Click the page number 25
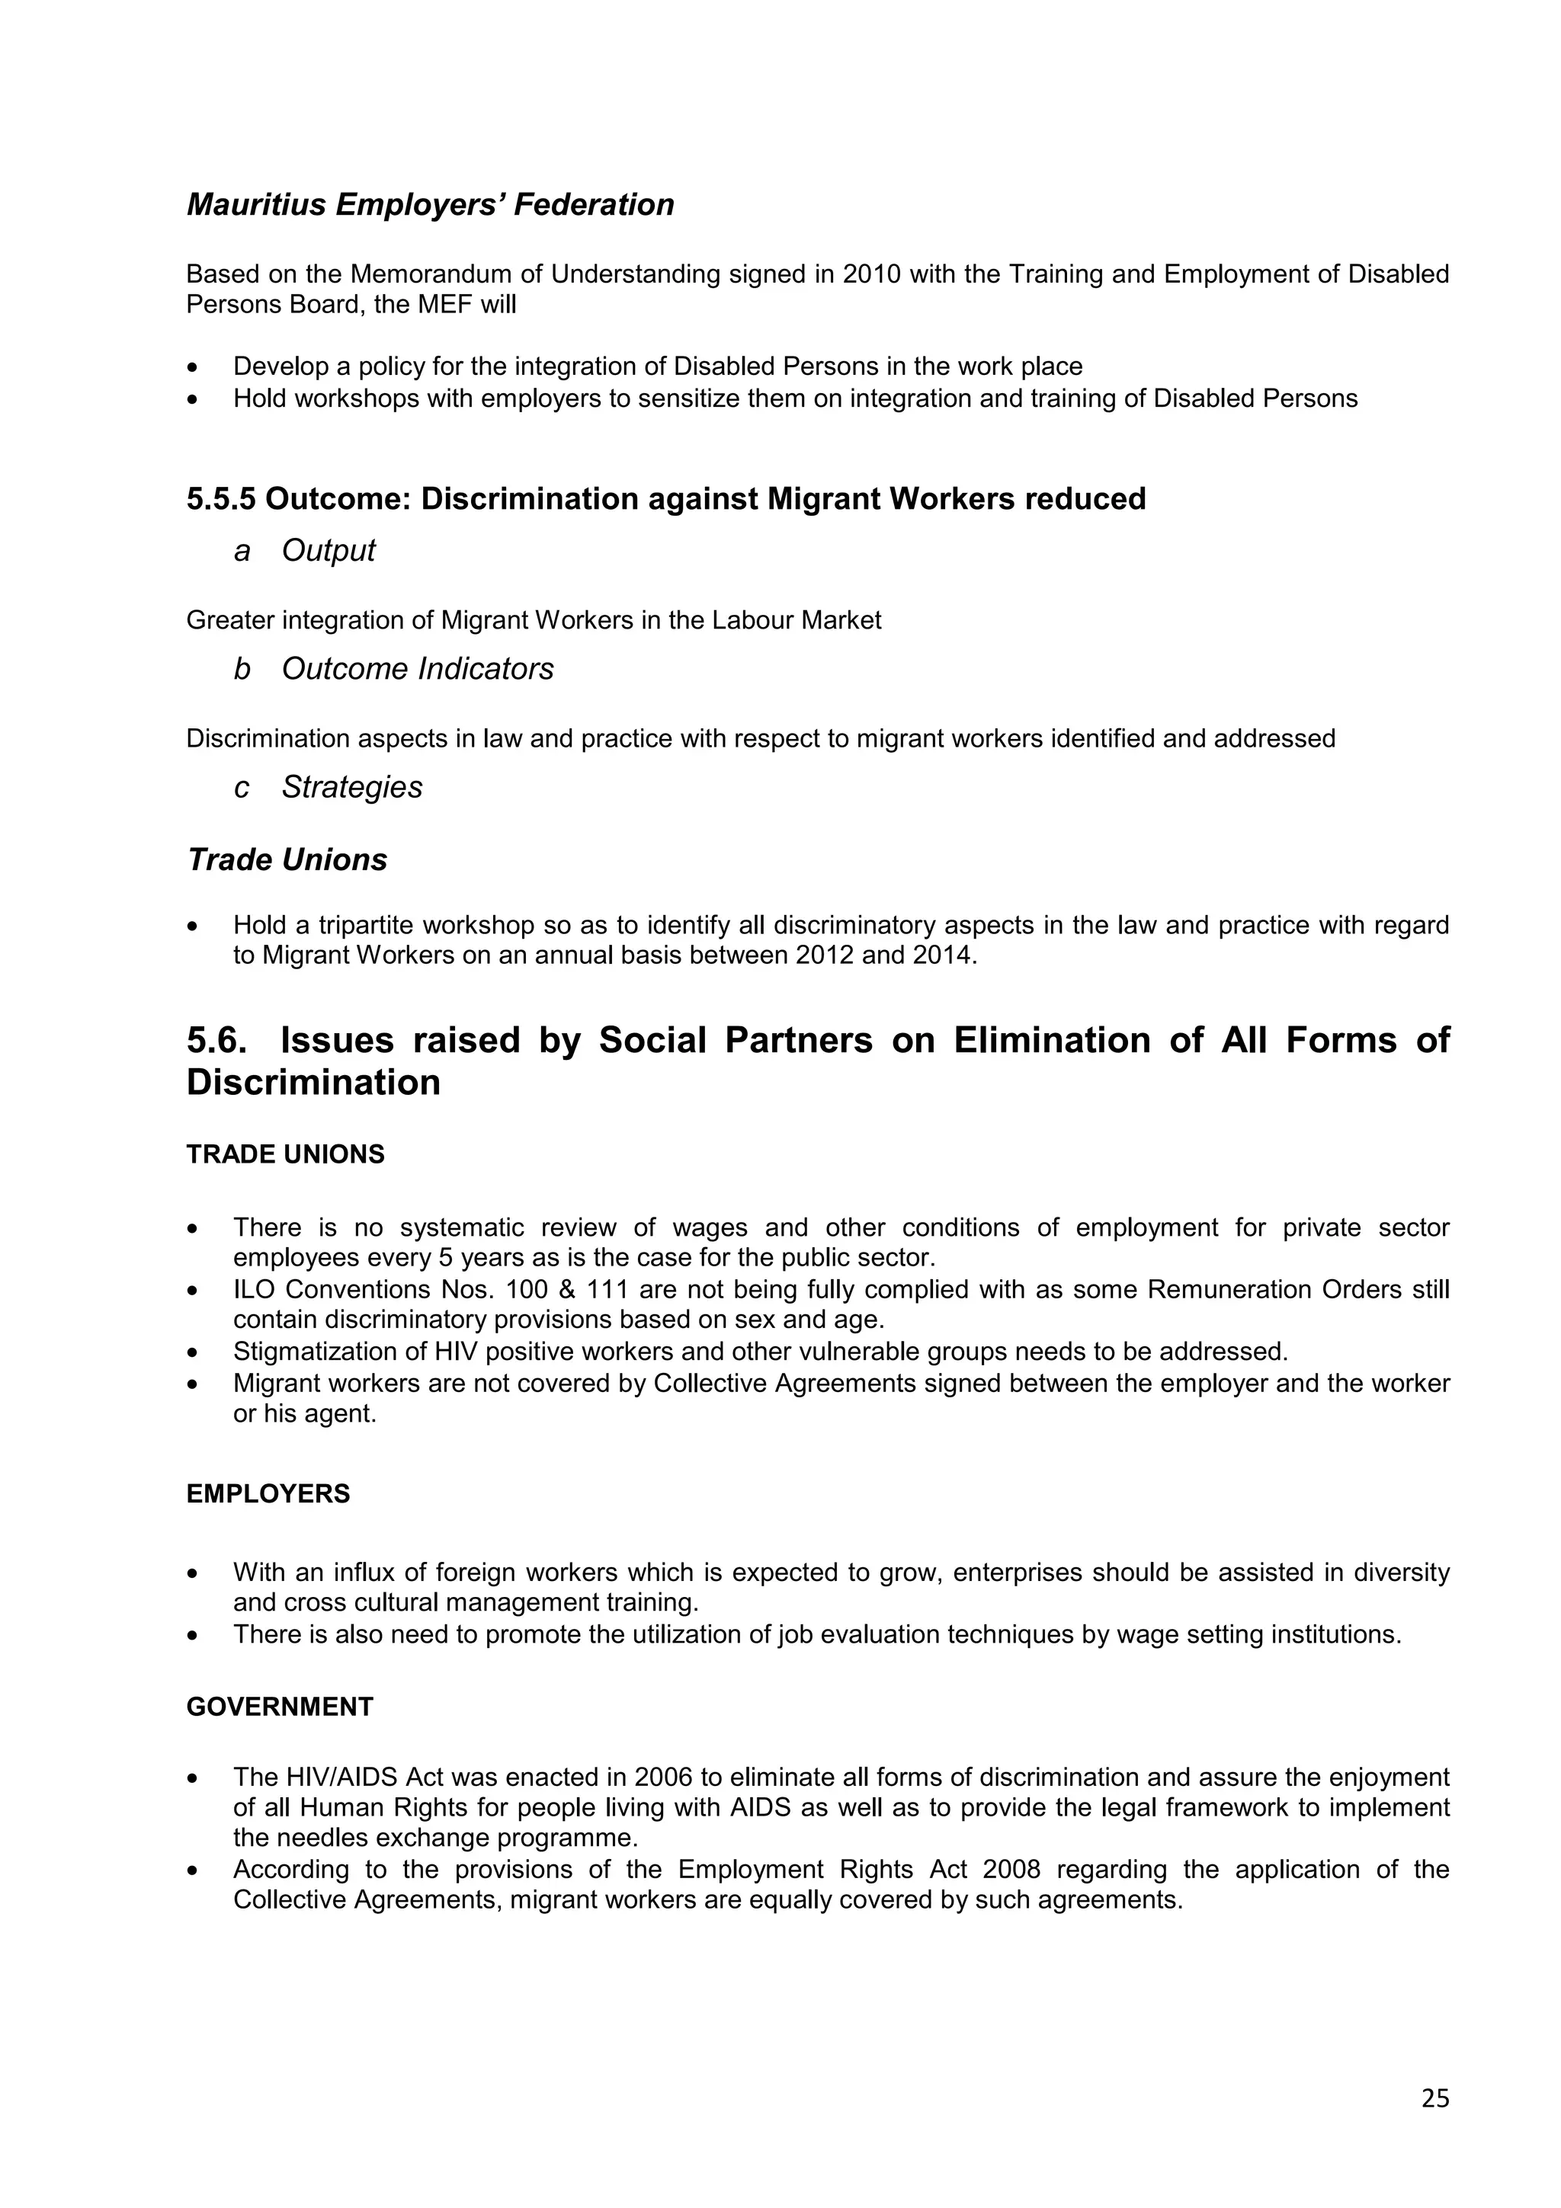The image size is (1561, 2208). click(x=1434, y=2124)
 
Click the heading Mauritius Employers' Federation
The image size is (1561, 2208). click(x=430, y=205)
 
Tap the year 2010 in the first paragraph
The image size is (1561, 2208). click(x=871, y=274)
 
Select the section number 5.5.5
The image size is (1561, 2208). click(x=221, y=499)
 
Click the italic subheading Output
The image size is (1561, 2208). click(x=328, y=550)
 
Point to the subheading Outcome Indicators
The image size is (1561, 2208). click(x=418, y=668)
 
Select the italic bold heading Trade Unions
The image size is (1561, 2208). click(x=287, y=859)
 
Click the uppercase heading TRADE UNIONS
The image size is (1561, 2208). click(x=285, y=1154)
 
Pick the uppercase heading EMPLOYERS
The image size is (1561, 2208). click(x=268, y=1493)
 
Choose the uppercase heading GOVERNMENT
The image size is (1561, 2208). click(x=280, y=1707)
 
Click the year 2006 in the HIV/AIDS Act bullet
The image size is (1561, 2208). click(x=664, y=1778)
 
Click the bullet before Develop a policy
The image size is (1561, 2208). click(x=194, y=367)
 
